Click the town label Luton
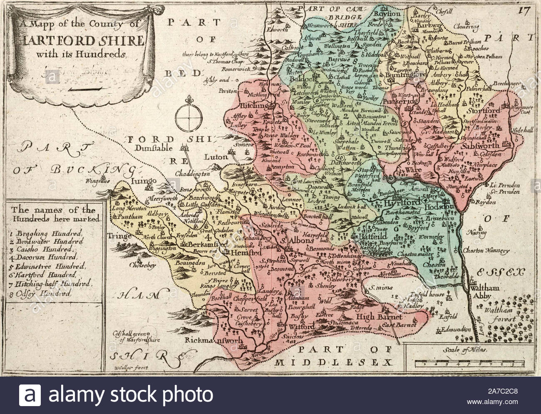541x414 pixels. click(x=216, y=157)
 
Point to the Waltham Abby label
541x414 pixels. click(x=480, y=292)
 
